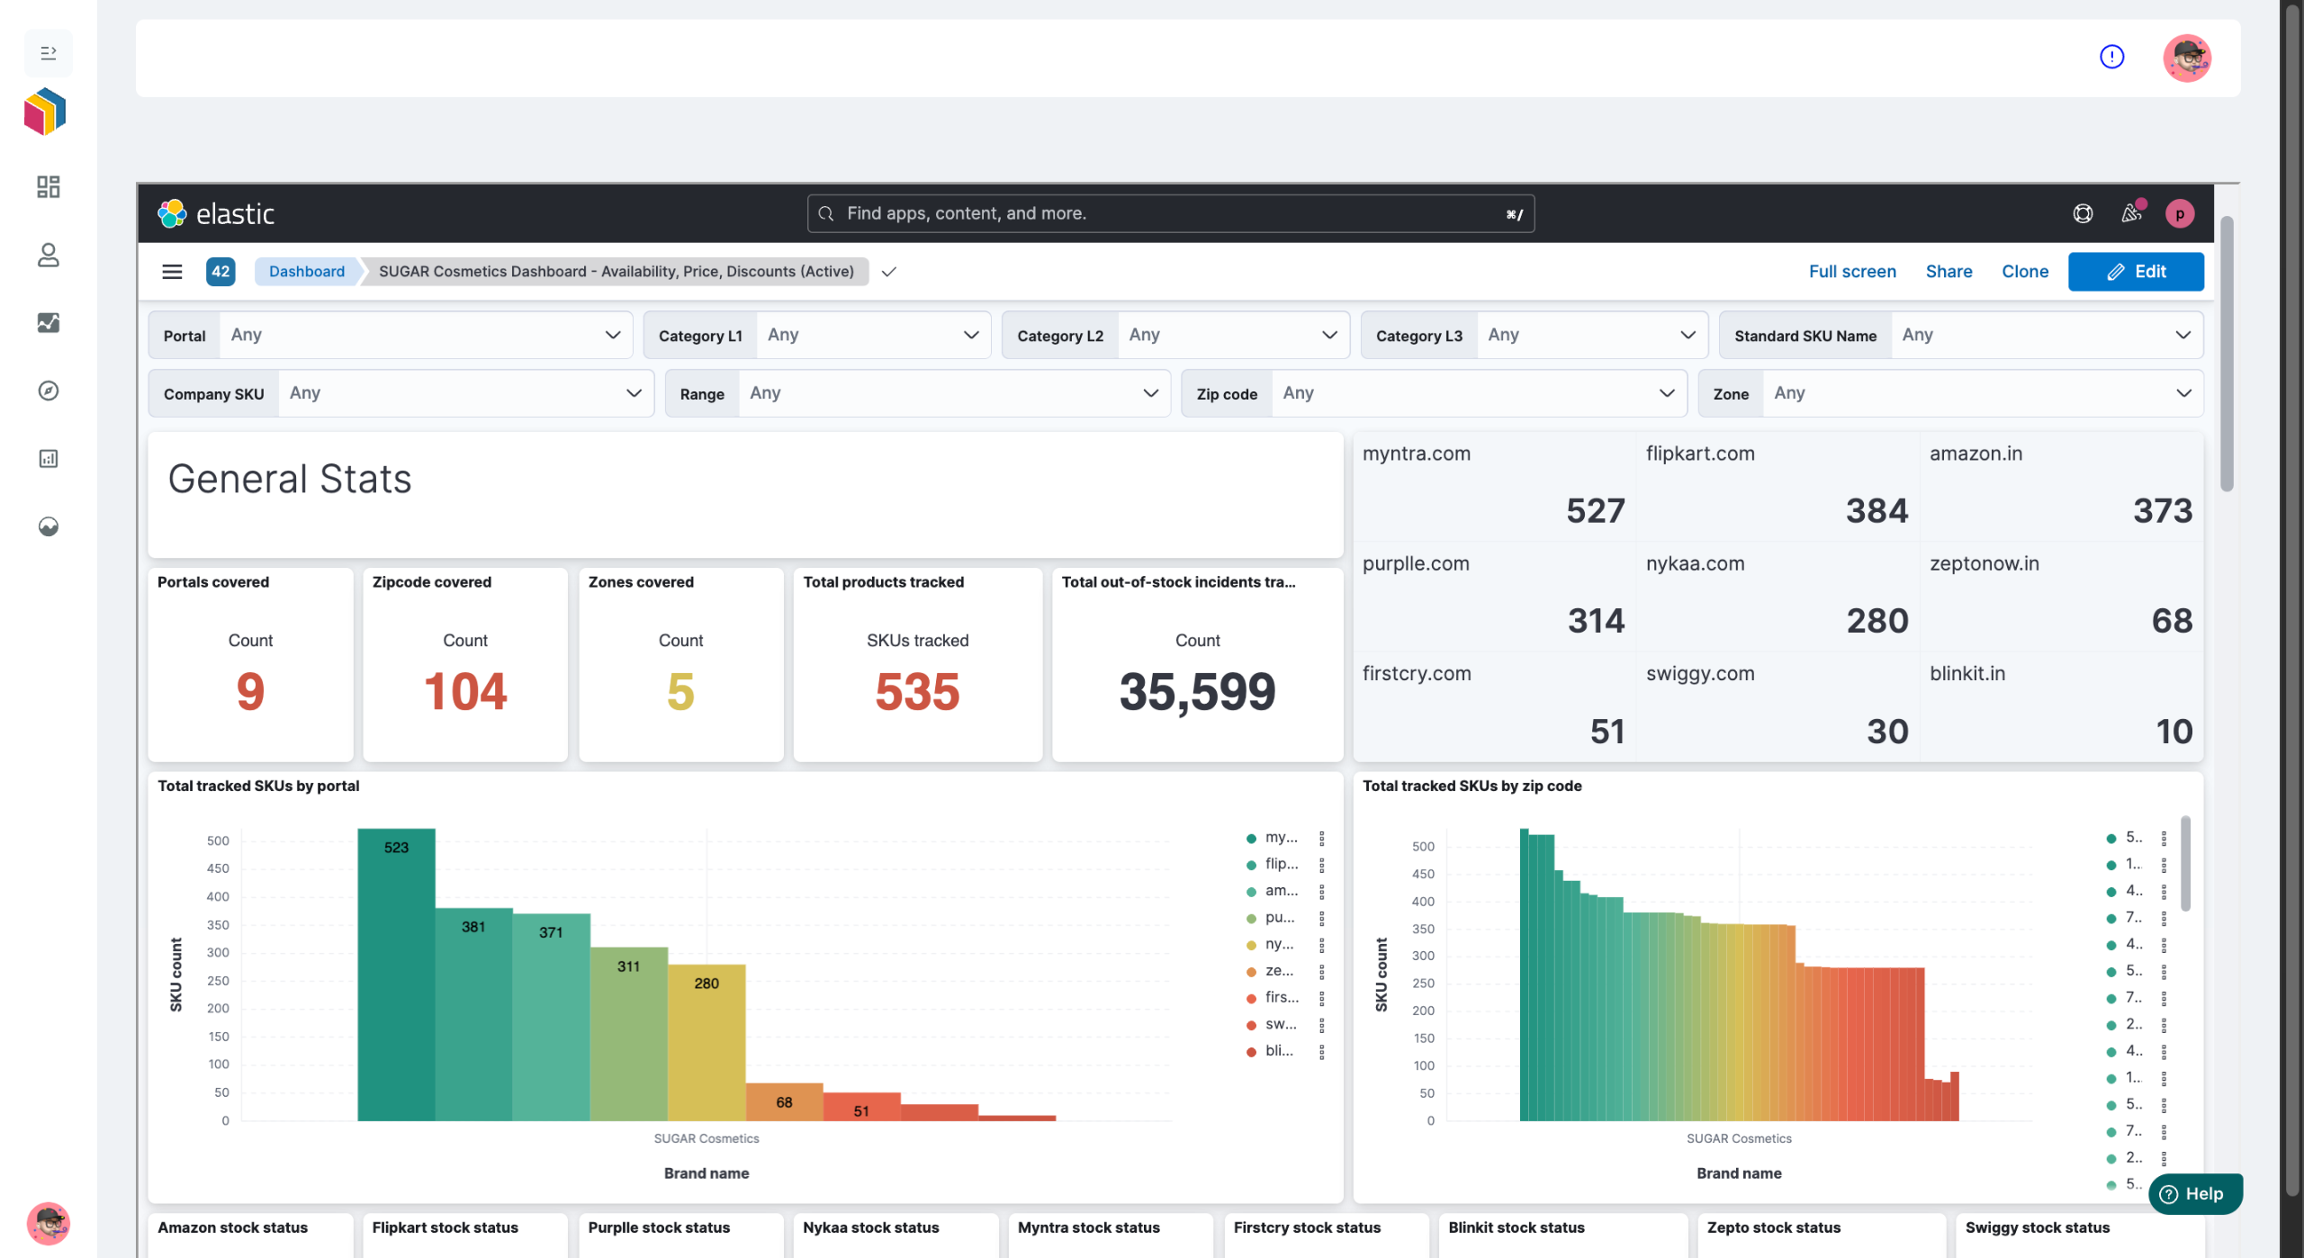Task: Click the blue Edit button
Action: click(x=2135, y=272)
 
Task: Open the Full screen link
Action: click(x=1852, y=272)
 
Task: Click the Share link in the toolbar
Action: click(x=1948, y=272)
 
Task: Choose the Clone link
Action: click(x=2025, y=272)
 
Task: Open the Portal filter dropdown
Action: click(x=391, y=335)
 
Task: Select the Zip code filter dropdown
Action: click(x=1434, y=393)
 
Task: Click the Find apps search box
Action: click(x=1170, y=213)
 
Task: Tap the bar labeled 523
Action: click(x=396, y=975)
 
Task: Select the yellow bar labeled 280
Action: click(x=706, y=1043)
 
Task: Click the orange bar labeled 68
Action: click(x=784, y=1102)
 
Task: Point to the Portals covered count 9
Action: click(x=250, y=691)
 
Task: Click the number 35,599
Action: click(x=1197, y=692)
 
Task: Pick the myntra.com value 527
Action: click(x=1595, y=511)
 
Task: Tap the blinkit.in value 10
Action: click(x=2173, y=732)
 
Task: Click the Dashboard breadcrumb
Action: click(x=306, y=272)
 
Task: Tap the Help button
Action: click(x=2194, y=1194)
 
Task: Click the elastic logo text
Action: click(x=235, y=214)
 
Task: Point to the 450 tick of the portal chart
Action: click(x=218, y=868)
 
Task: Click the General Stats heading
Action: click(x=290, y=479)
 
